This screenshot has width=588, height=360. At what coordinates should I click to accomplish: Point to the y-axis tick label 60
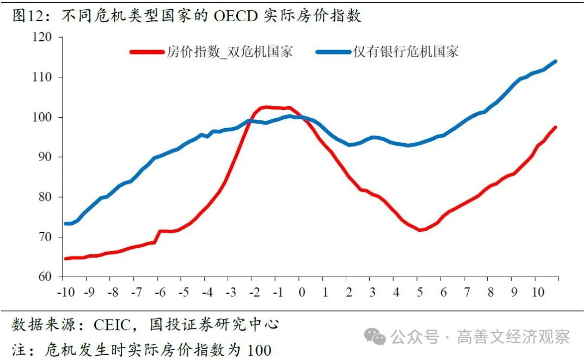pyautogui.click(x=44, y=277)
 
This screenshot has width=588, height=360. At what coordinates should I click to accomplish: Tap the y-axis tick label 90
pyautogui.click(x=44, y=157)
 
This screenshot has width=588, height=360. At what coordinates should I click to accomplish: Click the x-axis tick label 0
pyautogui.click(x=301, y=292)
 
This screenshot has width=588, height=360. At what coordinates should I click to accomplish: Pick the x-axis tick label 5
pyautogui.click(x=419, y=292)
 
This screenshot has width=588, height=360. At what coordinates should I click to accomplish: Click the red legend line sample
pyautogui.click(x=146, y=52)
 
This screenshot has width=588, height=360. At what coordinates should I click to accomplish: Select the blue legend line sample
pyautogui.click(x=333, y=52)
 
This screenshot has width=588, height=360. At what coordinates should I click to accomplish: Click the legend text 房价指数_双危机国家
pyautogui.click(x=229, y=52)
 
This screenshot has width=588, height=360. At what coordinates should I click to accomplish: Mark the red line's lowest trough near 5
pyautogui.click(x=420, y=230)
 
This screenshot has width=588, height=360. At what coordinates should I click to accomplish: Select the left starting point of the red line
pyautogui.click(x=65, y=258)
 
